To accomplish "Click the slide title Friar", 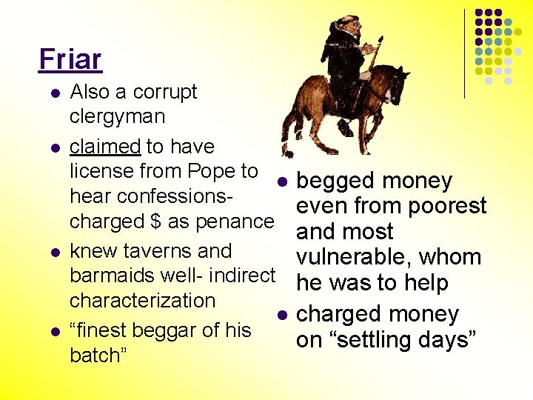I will pyautogui.click(x=70, y=59).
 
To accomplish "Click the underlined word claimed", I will pyautogui.click(x=104, y=147).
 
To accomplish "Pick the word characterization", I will pyautogui.click(x=142, y=301).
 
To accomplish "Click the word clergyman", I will pyautogui.click(x=117, y=117).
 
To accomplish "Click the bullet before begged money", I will pyautogui.click(x=281, y=182).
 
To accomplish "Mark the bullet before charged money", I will pyautogui.click(x=281, y=316).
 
